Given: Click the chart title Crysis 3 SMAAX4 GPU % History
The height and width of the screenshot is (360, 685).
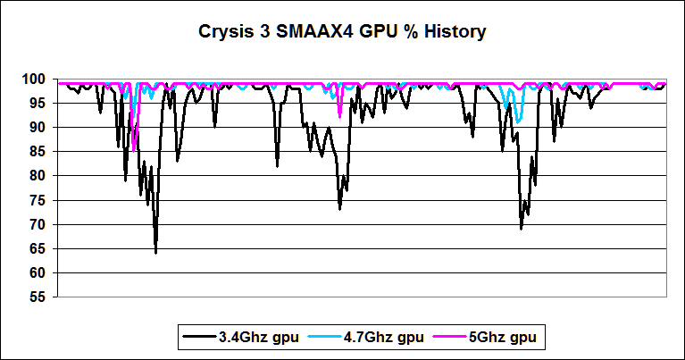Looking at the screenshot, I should click(342, 33).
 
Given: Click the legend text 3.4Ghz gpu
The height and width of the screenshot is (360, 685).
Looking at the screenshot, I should click(250, 338).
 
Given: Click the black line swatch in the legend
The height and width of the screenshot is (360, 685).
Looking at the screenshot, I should click(197, 338).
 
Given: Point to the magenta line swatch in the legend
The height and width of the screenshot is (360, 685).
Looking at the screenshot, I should click(453, 338).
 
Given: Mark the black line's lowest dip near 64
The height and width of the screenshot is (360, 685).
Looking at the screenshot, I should click(155, 252).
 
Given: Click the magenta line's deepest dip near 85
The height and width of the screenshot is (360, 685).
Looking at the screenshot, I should click(133, 149).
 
